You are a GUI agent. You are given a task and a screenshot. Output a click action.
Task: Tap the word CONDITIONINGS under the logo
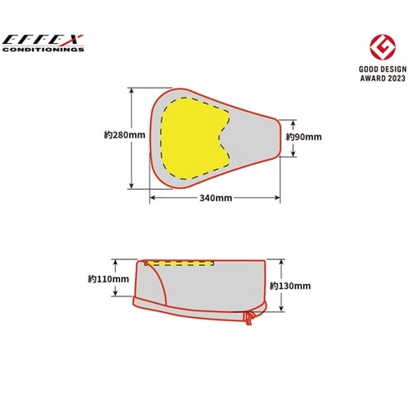[x=43, y=50]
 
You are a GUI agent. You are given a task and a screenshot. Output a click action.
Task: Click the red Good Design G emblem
[x=383, y=47]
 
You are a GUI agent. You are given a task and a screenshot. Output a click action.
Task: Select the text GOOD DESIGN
[x=383, y=69]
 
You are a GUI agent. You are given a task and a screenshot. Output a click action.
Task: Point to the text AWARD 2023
[x=383, y=78]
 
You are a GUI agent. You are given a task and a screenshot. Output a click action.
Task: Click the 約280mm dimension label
[x=124, y=135]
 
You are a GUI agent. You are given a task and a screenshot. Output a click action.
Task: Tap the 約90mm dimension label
[x=304, y=137]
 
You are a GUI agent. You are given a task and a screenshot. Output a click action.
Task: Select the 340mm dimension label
[x=215, y=198]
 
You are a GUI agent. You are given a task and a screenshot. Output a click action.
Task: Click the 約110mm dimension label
[x=108, y=279]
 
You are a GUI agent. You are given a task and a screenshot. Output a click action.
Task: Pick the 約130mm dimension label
[x=291, y=286]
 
